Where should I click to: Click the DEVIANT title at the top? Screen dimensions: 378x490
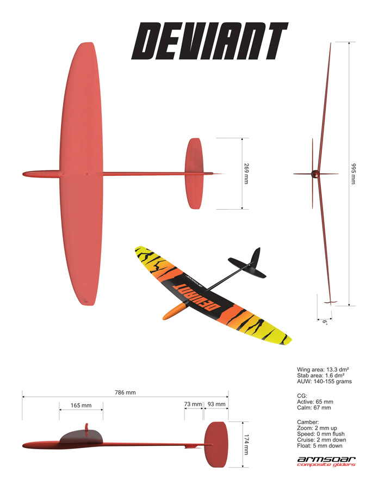210,41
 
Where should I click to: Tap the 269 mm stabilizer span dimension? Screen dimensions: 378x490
246,174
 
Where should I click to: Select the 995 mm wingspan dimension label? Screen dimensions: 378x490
354,174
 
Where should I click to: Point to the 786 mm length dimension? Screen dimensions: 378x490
125,393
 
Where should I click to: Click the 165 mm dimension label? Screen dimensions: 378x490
81,405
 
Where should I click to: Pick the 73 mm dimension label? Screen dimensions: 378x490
193,404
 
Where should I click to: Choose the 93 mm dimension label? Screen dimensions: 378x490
216,404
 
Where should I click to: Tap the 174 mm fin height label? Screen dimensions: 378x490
246,444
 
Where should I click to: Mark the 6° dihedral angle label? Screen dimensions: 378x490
325,322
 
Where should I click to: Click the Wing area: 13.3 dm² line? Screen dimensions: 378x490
323,369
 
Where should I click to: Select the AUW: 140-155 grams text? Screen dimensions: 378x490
324,381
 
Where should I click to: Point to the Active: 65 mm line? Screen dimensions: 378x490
315,402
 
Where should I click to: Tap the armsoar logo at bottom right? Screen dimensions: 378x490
326,461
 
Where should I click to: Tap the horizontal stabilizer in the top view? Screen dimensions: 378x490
194,174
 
